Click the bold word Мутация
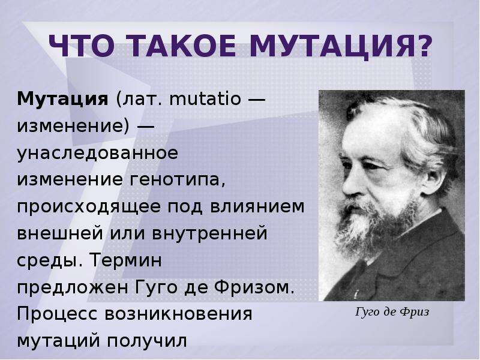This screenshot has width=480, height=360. point(63,99)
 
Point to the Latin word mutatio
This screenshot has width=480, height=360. point(205,98)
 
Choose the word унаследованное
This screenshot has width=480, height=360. point(97,153)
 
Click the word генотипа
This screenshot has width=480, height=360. point(178,179)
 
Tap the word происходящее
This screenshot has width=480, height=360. point(89,206)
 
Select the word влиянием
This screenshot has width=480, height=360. point(257,206)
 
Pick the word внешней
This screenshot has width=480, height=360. point(60,233)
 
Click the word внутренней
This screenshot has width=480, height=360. point(209,233)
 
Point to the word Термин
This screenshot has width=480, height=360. point(126,260)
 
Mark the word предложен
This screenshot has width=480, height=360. point(72,287)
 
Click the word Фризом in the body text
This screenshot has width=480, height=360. point(254,287)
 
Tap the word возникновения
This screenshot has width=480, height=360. point(178,314)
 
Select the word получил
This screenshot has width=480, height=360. point(146,341)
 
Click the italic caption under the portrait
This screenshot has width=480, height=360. point(392,312)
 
